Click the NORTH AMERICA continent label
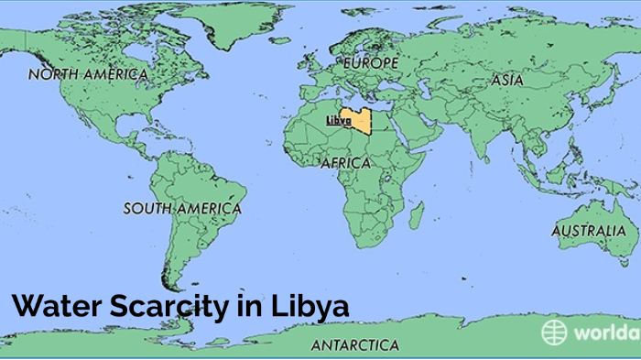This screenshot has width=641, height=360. click(88, 74)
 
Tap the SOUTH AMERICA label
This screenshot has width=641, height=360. click(182, 209)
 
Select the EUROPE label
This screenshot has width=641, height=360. click(371, 64)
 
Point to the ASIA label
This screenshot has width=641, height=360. click(506, 81)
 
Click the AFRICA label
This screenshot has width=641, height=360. click(345, 163)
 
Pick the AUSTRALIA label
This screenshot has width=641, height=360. click(589, 231)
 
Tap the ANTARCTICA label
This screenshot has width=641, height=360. click(354, 345)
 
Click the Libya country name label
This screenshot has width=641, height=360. click(339, 121)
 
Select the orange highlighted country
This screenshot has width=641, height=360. click(357, 125)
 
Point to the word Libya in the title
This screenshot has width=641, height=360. click(310, 306)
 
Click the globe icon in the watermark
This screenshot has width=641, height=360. click(554, 332)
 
